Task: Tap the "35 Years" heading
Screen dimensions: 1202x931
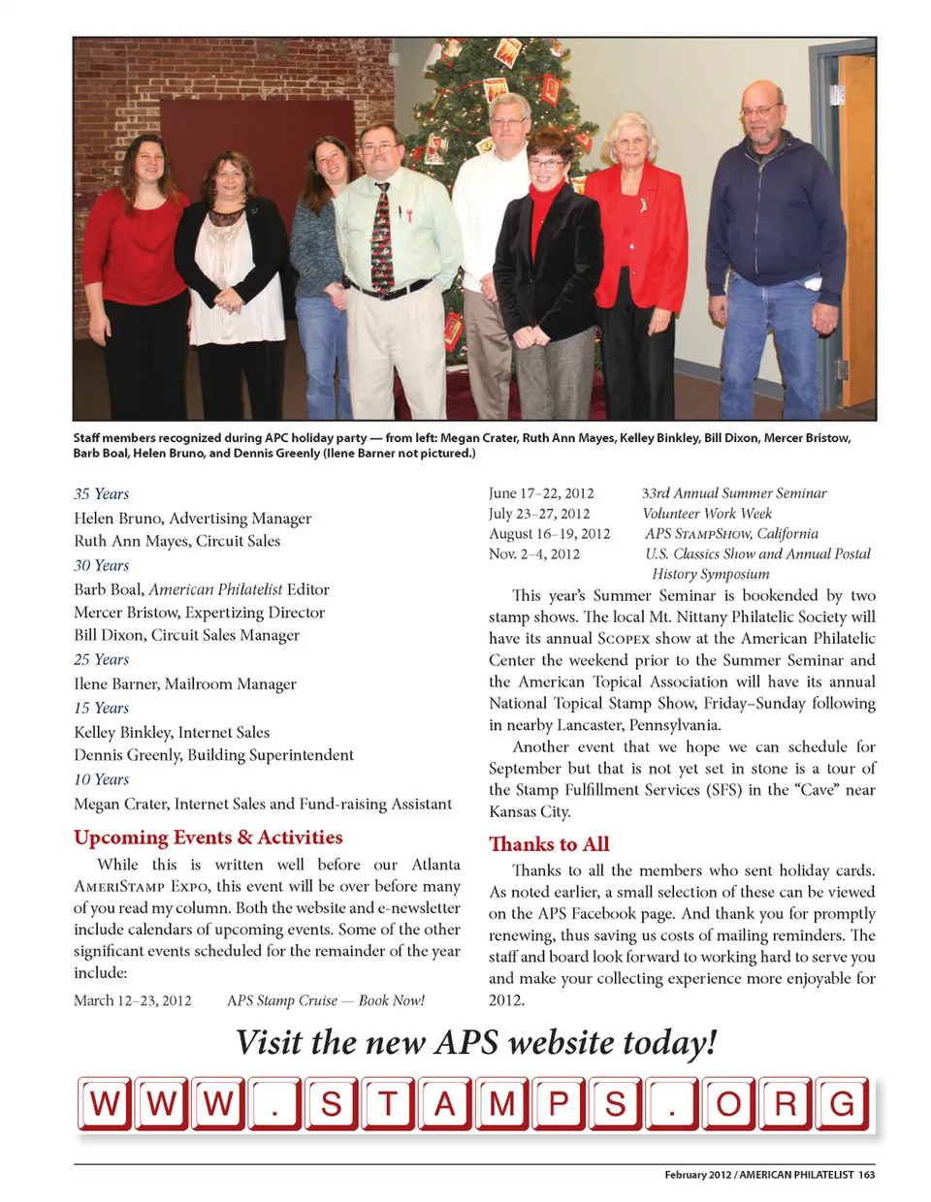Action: tap(101, 494)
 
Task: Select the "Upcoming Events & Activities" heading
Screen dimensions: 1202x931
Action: tap(208, 838)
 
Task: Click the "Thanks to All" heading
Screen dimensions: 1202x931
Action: tap(549, 844)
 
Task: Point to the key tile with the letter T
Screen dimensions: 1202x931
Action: tap(388, 1103)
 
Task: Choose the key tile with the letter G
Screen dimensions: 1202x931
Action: tap(842, 1103)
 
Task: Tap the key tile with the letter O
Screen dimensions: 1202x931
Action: tap(727, 1103)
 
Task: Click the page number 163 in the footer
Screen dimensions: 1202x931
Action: tap(866, 1175)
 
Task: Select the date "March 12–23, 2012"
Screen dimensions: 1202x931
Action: tap(132, 1000)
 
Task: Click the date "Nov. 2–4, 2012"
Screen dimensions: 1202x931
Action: tap(534, 554)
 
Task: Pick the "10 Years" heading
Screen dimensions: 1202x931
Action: tap(101, 780)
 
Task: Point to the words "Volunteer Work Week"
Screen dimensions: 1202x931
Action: tap(707, 514)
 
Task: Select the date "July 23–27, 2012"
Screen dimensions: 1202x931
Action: tap(539, 514)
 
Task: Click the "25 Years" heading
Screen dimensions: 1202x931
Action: tap(101, 660)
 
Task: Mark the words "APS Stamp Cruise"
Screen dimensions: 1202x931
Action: tap(282, 1000)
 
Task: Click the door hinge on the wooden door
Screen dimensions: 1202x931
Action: tap(842, 369)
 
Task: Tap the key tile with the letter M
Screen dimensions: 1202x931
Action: tap(501, 1103)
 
